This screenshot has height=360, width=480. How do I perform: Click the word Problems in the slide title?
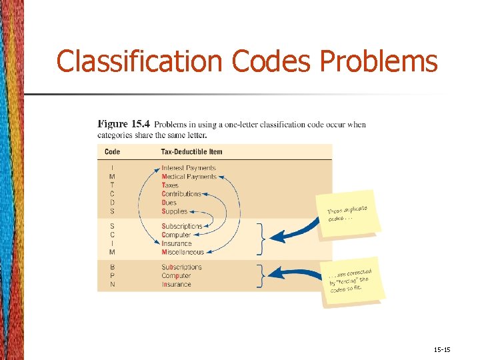[379, 61]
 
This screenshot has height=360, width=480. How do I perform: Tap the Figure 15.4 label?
[124, 124]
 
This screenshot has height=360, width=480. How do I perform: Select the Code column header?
[113, 151]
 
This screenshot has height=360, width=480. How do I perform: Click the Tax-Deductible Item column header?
[192, 151]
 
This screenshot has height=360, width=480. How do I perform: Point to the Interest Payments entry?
[189, 168]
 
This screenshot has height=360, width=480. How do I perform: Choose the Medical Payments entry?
[189, 177]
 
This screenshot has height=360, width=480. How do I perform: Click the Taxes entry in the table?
[170, 185]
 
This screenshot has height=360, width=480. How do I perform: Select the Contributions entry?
[181, 194]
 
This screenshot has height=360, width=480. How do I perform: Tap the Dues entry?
[169, 203]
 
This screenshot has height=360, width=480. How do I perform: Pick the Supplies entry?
[175, 211]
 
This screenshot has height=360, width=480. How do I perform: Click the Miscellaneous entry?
[183, 252]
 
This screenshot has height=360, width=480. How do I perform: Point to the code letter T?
[113, 185]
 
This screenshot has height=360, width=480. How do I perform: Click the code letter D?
[113, 203]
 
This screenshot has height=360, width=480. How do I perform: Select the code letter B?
[113, 267]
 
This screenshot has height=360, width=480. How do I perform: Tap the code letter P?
[113, 276]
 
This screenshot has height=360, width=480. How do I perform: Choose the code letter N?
[113, 285]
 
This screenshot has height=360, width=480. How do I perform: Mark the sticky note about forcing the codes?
[351, 280]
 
